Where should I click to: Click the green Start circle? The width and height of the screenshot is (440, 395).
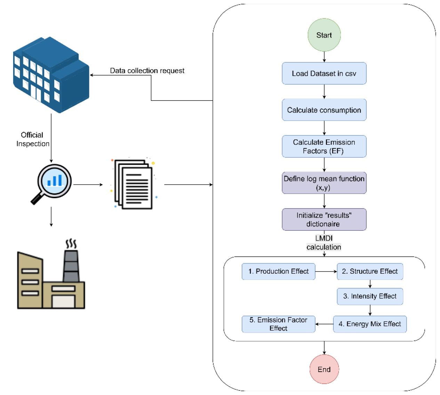tap(324, 35)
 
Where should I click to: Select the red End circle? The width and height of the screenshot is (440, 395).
tap(324, 369)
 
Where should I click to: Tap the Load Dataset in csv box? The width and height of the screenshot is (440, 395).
tap(324, 73)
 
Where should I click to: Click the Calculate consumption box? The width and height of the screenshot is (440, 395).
tap(324, 110)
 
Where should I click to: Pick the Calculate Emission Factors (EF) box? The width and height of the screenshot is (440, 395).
tap(324, 146)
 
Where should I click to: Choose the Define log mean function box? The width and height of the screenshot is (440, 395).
tap(324, 183)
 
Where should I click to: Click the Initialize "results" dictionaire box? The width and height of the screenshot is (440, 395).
tap(324, 219)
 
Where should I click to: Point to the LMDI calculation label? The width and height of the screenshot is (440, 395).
tap(324, 243)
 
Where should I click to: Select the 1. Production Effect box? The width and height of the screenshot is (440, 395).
tap(278, 272)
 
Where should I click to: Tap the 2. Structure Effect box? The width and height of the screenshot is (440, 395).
tap(370, 272)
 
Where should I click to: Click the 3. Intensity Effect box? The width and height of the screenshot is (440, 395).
tap(370, 296)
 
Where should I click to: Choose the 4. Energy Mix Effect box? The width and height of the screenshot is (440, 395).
tap(370, 324)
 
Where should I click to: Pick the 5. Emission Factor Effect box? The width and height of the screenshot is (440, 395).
tap(278, 324)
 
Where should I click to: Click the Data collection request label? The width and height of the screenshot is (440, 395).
tap(147, 71)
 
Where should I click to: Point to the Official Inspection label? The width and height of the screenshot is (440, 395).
tap(33, 139)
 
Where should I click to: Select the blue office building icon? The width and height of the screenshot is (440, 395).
tap(51, 75)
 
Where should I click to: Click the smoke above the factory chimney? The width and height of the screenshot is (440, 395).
tap(71, 244)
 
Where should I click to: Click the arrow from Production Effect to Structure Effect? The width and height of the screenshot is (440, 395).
tap(326, 272)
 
